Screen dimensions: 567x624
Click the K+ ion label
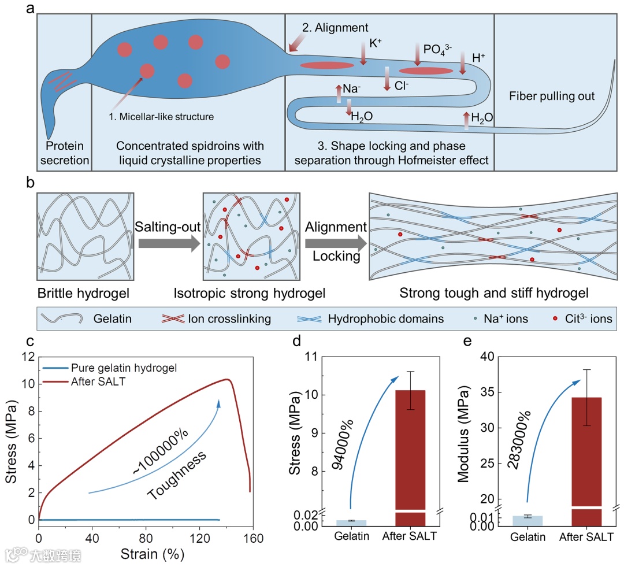[x=376, y=43]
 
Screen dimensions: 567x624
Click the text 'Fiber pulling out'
[x=552, y=96]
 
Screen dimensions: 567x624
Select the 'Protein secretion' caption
[x=65, y=153]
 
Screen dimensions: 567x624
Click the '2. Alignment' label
[x=335, y=27]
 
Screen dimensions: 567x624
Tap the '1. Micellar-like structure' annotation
[x=161, y=117]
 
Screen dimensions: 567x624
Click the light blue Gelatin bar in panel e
[x=528, y=520]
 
